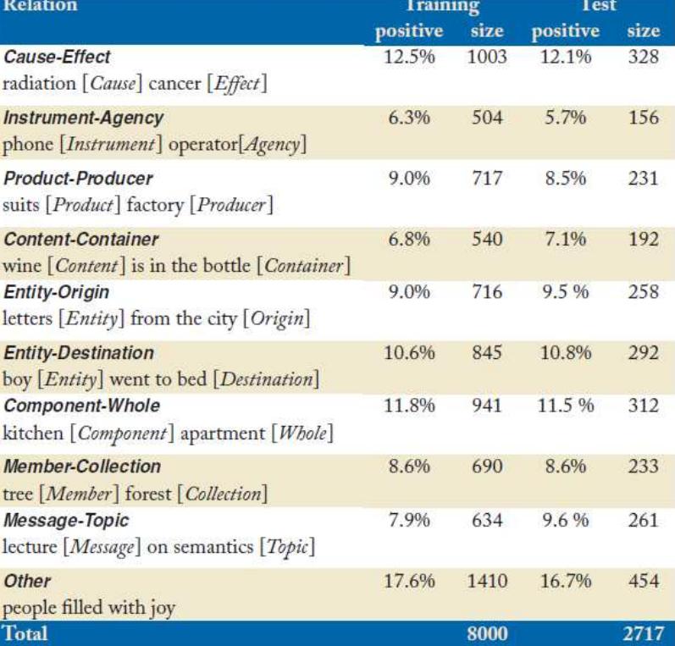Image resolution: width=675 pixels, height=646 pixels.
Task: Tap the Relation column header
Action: pos(39,7)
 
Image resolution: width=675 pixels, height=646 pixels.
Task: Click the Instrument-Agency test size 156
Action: pos(643,119)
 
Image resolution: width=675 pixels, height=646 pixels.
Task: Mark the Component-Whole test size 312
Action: pos(643,406)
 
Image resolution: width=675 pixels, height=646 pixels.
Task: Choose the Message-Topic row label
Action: pos(56,521)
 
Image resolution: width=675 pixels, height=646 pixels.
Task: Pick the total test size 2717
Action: pos(641,632)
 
